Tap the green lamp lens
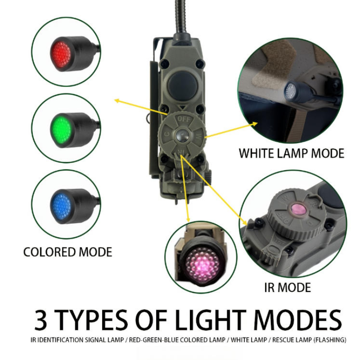[x=61, y=128]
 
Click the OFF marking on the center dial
[x=184, y=119]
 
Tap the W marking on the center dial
[x=198, y=136]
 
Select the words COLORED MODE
[x=68, y=252]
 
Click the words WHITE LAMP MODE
[x=292, y=153]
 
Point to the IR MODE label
[x=288, y=287]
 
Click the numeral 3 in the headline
[x=41, y=320]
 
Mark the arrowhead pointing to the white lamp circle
[x=255, y=124]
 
